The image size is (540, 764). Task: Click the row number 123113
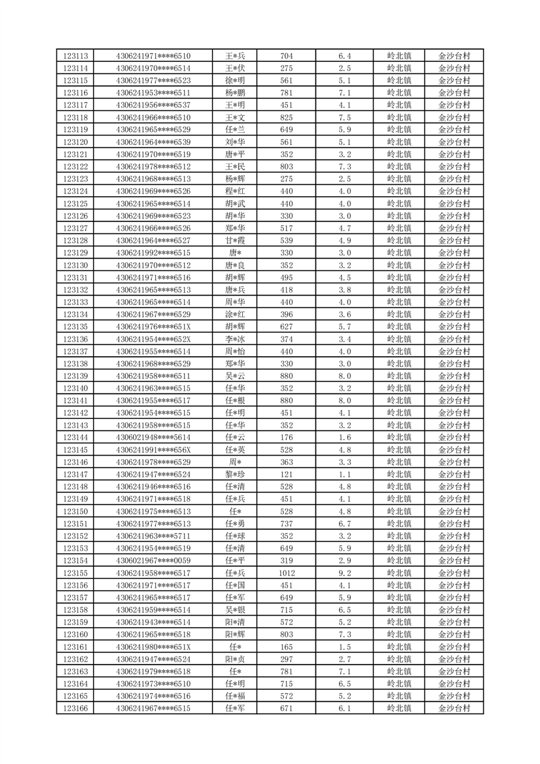(x=75, y=56)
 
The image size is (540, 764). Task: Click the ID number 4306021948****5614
(x=153, y=438)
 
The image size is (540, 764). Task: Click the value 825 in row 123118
(x=286, y=118)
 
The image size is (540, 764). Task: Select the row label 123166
(x=75, y=709)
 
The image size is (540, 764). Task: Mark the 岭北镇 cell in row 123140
(x=399, y=389)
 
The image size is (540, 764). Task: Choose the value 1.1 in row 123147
(x=344, y=475)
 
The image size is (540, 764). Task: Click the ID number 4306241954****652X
(x=153, y=339)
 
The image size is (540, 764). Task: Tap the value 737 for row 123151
(x=286, y=524)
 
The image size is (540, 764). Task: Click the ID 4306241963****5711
(x=153, y=536)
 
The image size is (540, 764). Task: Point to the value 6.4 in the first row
(x=344, y=56)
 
